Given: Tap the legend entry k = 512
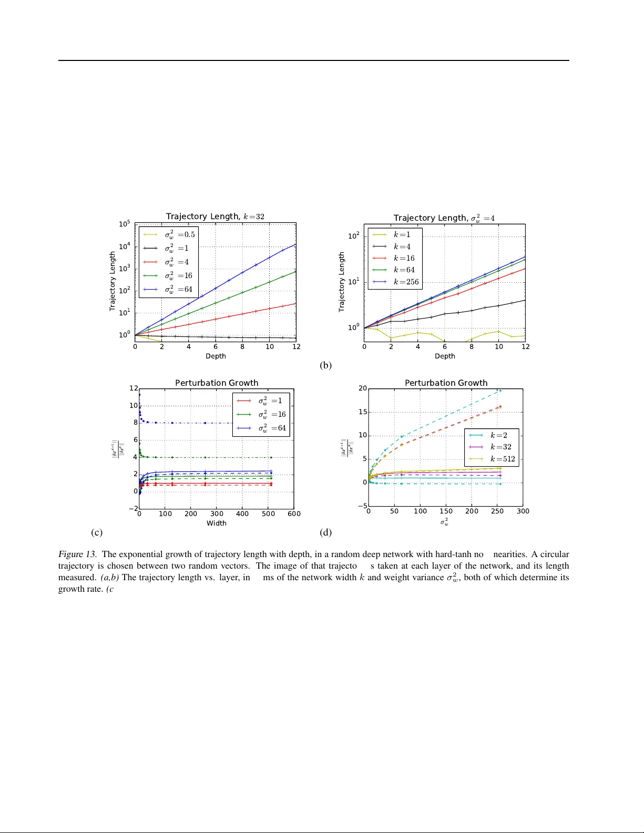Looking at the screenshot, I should pos(502,459).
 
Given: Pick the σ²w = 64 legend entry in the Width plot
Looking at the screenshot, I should pos(272,428).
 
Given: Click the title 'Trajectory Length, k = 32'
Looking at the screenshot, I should pos(215,217).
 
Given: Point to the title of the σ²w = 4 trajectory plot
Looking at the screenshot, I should pos(444,218).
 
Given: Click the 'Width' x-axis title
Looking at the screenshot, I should pos(216,523).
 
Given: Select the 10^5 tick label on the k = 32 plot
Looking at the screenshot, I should pos(125,224).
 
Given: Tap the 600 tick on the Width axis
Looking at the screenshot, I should pos(294,513).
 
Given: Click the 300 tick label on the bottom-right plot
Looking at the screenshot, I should pos(523,511).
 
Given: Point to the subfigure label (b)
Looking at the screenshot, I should pos(325,365).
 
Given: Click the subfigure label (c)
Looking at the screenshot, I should pos(96,532).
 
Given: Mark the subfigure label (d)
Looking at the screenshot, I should pos(325,532).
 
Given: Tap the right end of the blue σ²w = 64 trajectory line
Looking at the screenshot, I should pos(296,244).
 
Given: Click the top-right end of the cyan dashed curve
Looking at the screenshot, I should pos(500,390).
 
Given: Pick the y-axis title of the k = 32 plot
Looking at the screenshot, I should pos(113,281).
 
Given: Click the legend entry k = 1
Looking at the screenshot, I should pos(402,234).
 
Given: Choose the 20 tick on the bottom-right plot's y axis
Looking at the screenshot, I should pos(363,388).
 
